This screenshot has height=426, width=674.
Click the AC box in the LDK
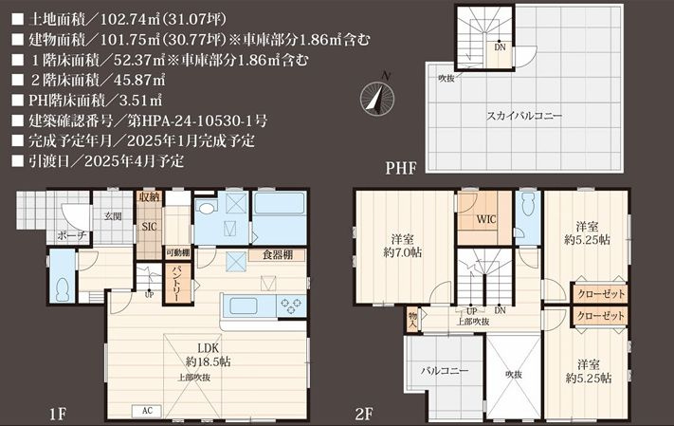point(148,411)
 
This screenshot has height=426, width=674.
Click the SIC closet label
point(149,227)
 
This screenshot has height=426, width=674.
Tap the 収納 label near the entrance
point(149,197)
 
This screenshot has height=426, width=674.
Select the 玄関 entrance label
point(113,216)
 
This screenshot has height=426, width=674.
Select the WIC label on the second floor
point(485,219)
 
